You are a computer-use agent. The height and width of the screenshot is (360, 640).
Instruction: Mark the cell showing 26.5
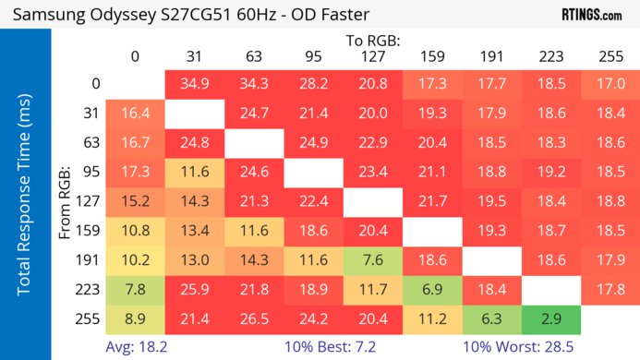point(254,318)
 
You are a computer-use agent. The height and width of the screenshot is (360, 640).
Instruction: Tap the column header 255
point(610,56)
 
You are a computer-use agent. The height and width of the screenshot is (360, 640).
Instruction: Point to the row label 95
point(90,172)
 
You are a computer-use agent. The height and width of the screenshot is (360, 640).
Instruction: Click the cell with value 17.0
point(610,83)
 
